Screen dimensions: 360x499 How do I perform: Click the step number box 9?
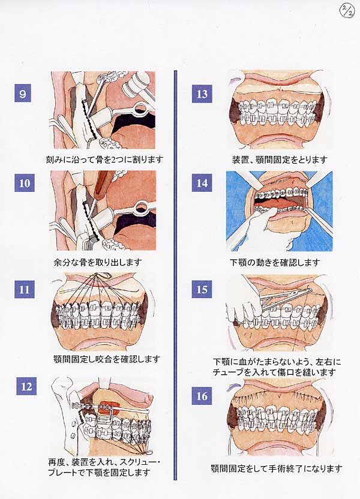tap(23, 93)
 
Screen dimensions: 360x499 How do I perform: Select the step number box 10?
tap(24, 183)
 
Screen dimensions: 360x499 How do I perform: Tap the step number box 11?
tap(24, 289)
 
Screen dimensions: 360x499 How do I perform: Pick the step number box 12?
tap(26, 386)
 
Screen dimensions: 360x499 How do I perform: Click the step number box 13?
tap(202, 94)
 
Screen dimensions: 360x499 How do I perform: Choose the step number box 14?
tap(202, 183)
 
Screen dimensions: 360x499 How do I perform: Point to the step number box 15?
tap(202, 289)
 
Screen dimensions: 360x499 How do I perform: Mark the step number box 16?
tap(202, 396)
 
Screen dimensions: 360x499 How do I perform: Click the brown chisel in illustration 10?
tap(104, 185)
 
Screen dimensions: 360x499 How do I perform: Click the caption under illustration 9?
tap(104, 159)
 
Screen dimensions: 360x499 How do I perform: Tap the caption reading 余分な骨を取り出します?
tap(98, 262)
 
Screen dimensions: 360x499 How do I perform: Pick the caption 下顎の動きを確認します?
tap(275, 262)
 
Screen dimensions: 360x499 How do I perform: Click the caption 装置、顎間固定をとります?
tap(280, 160)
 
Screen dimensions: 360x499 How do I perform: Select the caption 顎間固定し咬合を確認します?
tap(107, 359)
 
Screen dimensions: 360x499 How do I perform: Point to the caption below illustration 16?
tap(277, 468)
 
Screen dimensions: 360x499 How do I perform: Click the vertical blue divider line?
tap(175, 275)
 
